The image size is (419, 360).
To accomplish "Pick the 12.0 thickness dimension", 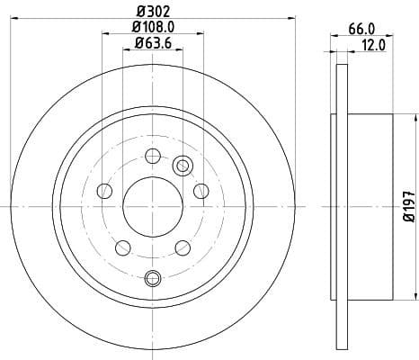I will click(x=372, y=43).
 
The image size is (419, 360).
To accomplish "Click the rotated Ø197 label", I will click(x=408, y=206).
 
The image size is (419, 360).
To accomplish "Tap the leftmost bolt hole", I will click(x=104, y=190).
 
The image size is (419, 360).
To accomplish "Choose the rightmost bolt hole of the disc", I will click(x=201, y=190).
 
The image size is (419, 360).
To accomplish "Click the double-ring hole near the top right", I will click(x=183, y=165).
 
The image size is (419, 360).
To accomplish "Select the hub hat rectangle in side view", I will click(x=369, y=206).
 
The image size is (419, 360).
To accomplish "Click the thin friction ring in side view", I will click(x=341, y=206).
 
